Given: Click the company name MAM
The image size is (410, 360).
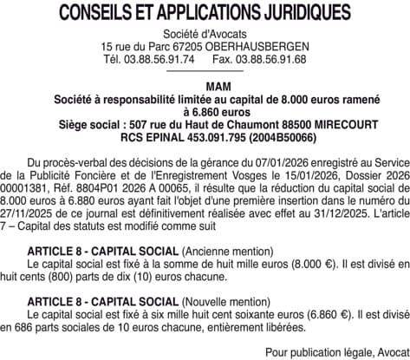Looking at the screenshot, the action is [205, 88].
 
